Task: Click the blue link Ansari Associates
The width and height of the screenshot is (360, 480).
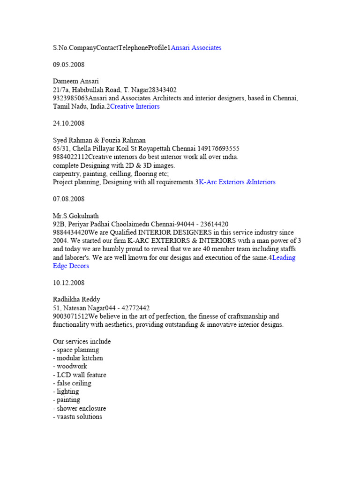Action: pos(196,48)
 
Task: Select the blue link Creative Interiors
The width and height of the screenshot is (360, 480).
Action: pos(135,106)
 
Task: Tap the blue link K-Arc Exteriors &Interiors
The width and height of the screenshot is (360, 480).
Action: pos(237,182)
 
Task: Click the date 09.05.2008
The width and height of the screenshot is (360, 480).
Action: pos(68,65)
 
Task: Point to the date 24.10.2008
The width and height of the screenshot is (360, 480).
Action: pos(68,123)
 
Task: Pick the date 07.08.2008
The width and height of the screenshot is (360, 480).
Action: pos(68,199)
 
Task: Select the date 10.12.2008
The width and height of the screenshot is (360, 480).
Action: pos(68,283)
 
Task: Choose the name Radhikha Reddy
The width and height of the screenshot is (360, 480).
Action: pos(76,300)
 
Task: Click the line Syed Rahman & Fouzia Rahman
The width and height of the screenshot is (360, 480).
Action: pos(99,140)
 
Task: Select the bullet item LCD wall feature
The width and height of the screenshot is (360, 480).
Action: pos(79,375)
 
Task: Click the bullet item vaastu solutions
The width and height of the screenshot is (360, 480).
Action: pos(77,417)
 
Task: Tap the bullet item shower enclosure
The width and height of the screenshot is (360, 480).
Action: pos(79,408)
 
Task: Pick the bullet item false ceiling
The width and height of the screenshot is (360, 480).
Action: pos(72,383)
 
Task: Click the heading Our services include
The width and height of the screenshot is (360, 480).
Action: pos(82,341)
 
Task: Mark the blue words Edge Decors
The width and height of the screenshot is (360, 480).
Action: pos(71,266)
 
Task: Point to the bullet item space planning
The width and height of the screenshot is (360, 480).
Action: pos(76,350)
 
